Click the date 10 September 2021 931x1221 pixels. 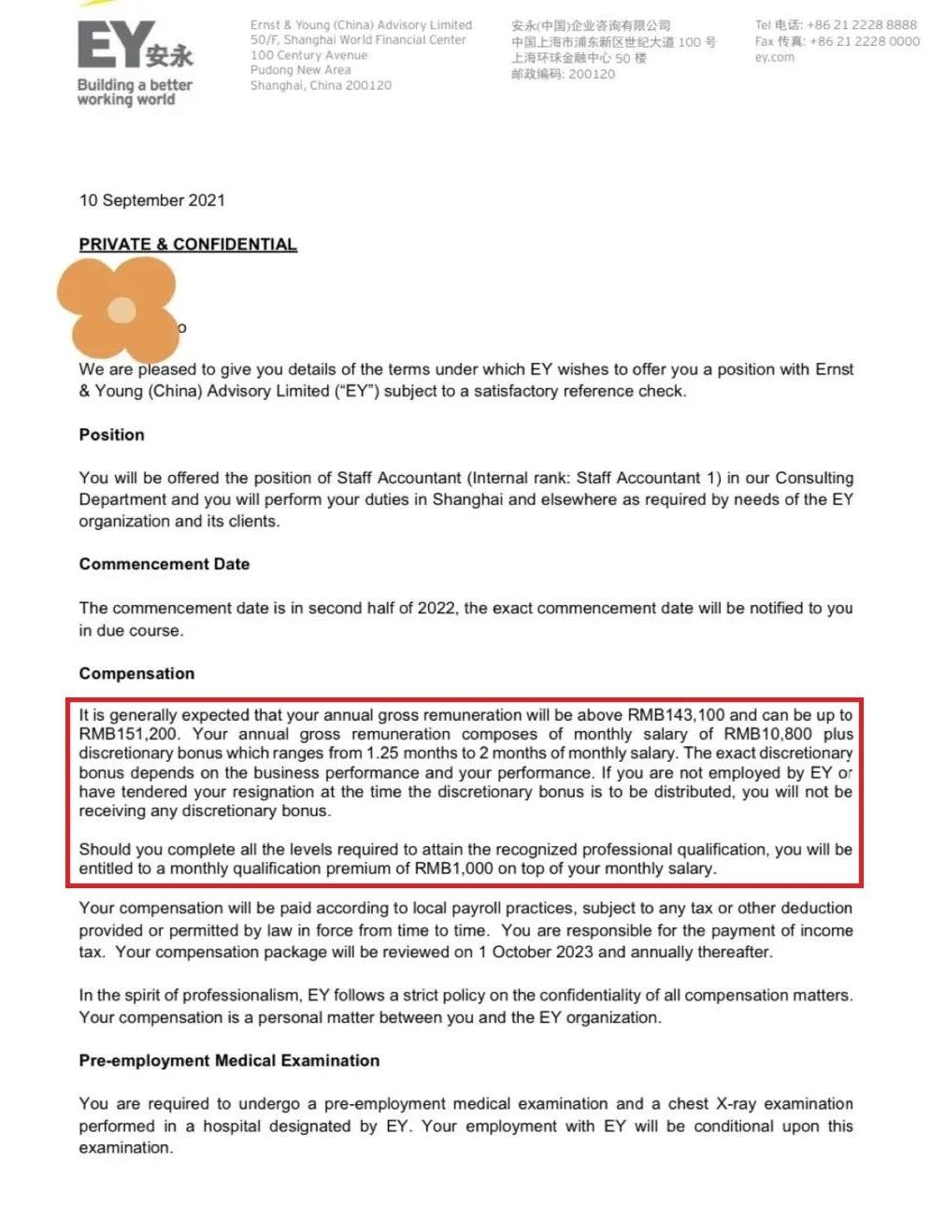[152, 200]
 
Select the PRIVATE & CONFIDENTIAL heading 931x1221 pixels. [188, 245]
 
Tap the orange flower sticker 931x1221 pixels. [120, 309]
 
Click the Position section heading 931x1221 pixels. [111, 435]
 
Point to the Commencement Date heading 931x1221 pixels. [165, 565]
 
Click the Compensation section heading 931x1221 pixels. [136, 674]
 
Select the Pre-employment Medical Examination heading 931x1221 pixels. [229, 1061]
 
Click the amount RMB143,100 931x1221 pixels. [676, 715]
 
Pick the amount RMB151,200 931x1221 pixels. [127, 735]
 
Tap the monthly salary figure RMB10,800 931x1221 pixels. [767, 735]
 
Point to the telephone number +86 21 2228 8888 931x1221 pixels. [862, 25]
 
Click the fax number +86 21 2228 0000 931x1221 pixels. [865, 42]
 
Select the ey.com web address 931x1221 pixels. [774, 58]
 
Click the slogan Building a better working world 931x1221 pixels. [134, 92]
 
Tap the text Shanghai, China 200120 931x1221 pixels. [321, 85]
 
